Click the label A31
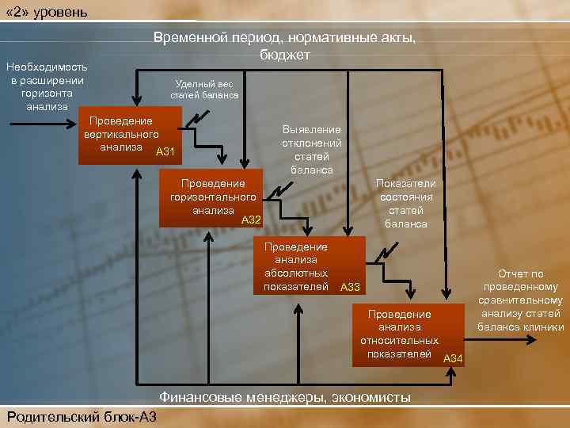pyautogui.click(x=166, y=151)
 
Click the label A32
pyautogui.click(x=251, y=219)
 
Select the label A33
pyautogui.click(x=350, y=286)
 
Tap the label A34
pyautogui.click(x=453, y=359)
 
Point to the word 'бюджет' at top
pyautogui.click(x=285, y=54)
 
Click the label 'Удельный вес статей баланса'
pyautogui.click(x=204, y=90)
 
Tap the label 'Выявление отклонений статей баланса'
pyautogui.click(x=312, y=150)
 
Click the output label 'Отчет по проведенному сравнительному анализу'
pyautogui.click(x=520, y=300)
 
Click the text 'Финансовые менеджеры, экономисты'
pyautogui.click(x=285, y=396)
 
